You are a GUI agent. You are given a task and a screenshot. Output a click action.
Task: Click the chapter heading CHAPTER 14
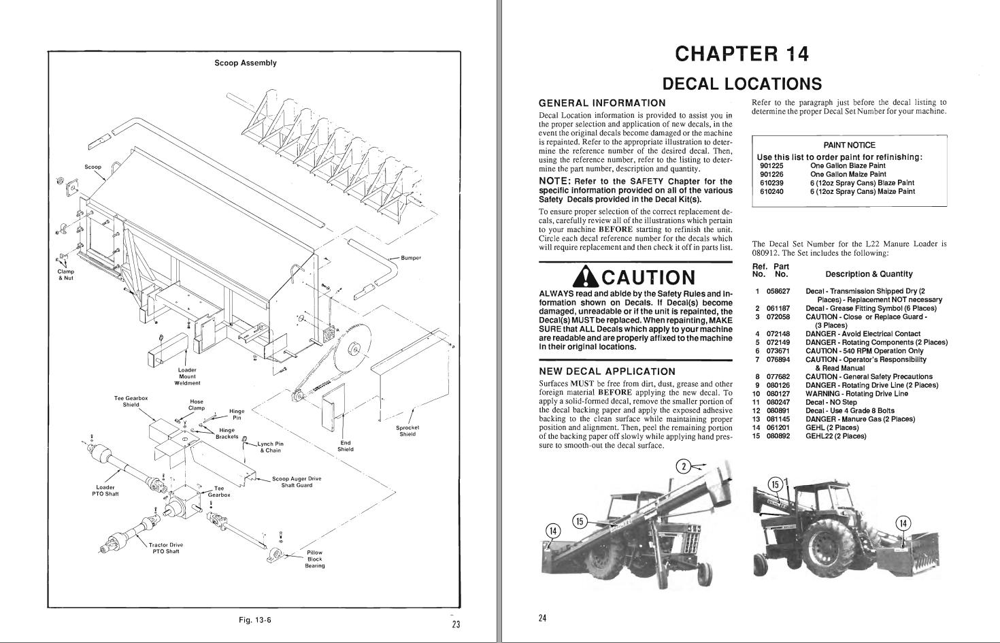pos(741,54)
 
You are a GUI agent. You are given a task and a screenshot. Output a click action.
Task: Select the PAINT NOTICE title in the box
pos(849,145)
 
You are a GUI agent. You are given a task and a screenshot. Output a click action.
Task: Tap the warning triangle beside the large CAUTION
pos(586,276)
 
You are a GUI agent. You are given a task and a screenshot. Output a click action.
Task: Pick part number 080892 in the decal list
pos(778,436)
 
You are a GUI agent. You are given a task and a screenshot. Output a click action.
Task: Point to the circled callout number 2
pos(684,466)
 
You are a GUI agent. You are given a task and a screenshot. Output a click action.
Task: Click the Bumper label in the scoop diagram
pos(411,258)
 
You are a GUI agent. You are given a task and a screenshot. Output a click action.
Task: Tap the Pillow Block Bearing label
pos(314,559)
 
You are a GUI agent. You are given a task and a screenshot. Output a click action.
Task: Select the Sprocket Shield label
pos(407,431)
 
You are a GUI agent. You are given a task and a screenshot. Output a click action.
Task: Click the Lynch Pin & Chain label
pos(270,447)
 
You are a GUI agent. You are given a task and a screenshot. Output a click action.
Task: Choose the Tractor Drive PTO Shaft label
pos(166,548)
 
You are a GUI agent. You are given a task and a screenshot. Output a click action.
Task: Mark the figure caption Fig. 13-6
pos(255,620)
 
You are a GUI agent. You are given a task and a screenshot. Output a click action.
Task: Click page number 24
pos(542,619)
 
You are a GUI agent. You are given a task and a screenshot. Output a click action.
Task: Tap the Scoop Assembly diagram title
pos(246,63)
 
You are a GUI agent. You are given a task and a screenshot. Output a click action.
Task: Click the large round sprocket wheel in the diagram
pos(354,349)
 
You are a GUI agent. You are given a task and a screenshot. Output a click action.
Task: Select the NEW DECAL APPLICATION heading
pos(607,372)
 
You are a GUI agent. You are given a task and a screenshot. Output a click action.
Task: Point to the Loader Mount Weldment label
pos(188,376)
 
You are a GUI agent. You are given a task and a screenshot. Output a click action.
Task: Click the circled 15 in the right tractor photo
pos(776,484)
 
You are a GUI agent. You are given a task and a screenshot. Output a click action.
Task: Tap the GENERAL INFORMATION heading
pos(602,103)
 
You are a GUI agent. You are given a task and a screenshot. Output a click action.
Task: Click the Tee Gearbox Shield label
pos(131,401)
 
